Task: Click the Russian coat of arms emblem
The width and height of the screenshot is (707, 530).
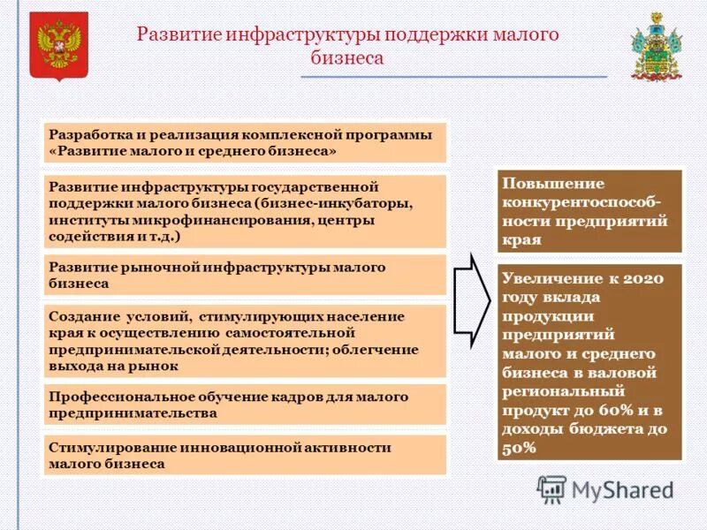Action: [x=59, y=45]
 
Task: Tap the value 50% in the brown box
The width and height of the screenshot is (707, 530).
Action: [x=520, y=449]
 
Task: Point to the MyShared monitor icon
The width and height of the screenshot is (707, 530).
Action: [x=551, y=489]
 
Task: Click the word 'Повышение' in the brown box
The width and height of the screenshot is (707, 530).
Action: [x=541, y=184]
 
